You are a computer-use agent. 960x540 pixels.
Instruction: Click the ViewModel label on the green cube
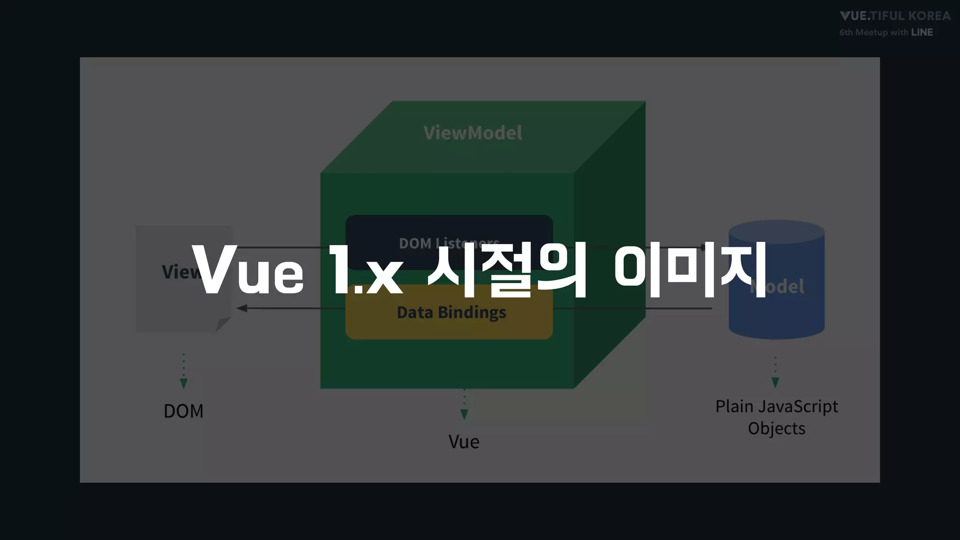click(472, 133)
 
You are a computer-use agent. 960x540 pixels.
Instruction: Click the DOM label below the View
click(183, 411)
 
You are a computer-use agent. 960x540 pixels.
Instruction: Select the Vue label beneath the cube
click(464, 442)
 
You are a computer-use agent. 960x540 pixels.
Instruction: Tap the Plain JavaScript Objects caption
click(776, 417)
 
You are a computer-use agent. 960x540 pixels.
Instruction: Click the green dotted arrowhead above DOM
click(184, 383)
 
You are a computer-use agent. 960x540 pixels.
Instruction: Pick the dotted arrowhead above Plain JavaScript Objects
click(775, 382)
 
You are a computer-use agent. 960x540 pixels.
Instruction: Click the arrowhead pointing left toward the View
click(242, 308)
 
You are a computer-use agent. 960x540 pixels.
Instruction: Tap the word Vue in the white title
click(247, 271)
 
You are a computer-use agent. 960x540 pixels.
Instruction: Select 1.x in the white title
click(366, 271)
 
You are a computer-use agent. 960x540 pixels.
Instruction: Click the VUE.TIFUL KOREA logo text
click(895, 16)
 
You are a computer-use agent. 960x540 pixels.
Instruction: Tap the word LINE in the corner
click(922, 32)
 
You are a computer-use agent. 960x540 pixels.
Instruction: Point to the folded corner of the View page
click(223, 324)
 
